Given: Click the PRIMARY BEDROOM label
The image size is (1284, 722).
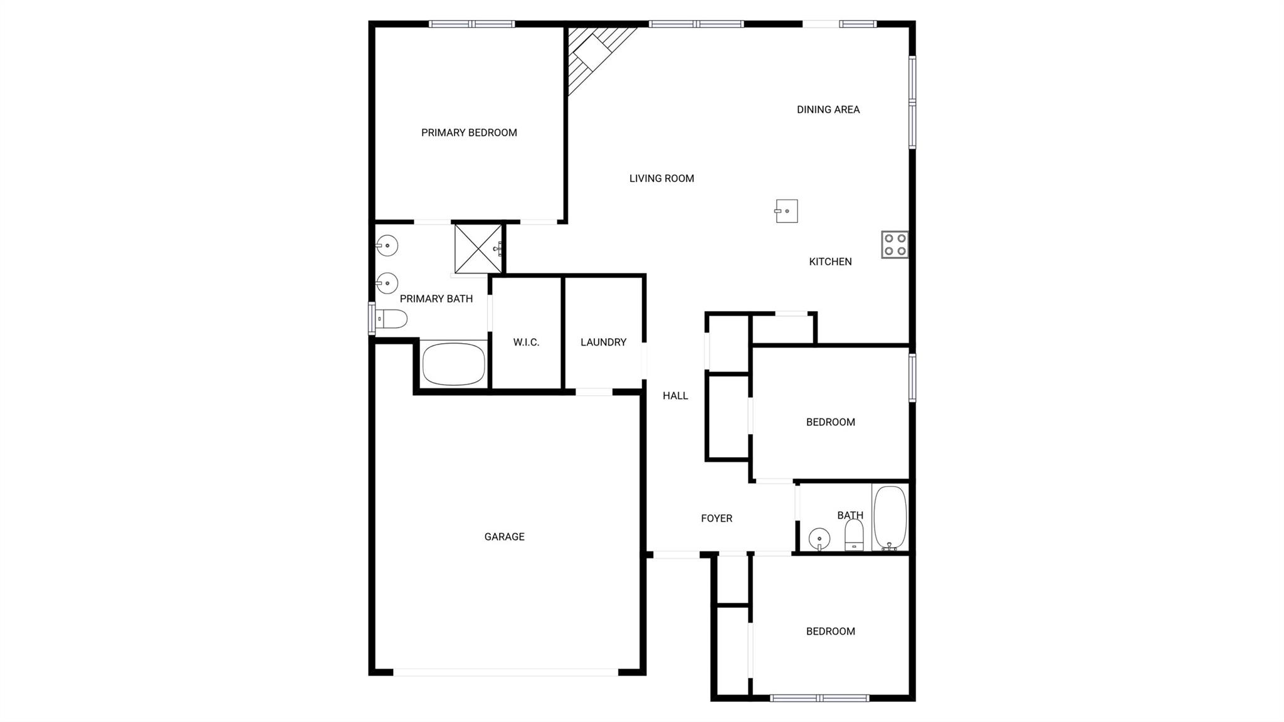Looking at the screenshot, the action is (469, 132).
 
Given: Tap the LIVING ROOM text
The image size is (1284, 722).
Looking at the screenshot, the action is (661, 178).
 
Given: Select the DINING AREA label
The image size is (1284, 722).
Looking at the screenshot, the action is (828, 109).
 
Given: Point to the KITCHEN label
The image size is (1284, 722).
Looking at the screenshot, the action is (830, 262).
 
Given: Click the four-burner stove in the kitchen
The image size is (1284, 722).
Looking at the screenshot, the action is (895, 245).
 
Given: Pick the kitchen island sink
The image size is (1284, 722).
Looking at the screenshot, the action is (786, 211).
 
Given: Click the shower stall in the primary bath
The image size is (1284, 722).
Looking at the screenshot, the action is (478, 248).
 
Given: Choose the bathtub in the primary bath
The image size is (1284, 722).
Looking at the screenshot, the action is (454, 364).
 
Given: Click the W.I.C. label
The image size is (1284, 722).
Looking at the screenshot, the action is (526, 342).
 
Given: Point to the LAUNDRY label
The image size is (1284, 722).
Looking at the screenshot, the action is (603, 342).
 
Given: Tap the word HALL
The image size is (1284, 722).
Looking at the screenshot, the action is (675, 395).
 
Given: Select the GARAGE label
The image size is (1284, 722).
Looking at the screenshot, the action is (504, 536).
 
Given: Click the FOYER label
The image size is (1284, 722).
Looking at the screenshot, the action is (717, 518).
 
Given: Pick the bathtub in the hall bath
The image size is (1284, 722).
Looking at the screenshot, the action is (890, 518).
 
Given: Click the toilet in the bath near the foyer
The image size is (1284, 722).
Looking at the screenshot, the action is (854, 535).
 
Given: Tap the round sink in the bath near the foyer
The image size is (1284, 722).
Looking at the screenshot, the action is (819, 539).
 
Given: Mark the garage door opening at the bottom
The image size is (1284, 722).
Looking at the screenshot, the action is (505, 672).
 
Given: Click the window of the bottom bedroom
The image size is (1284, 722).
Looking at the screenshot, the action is (819, 698).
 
